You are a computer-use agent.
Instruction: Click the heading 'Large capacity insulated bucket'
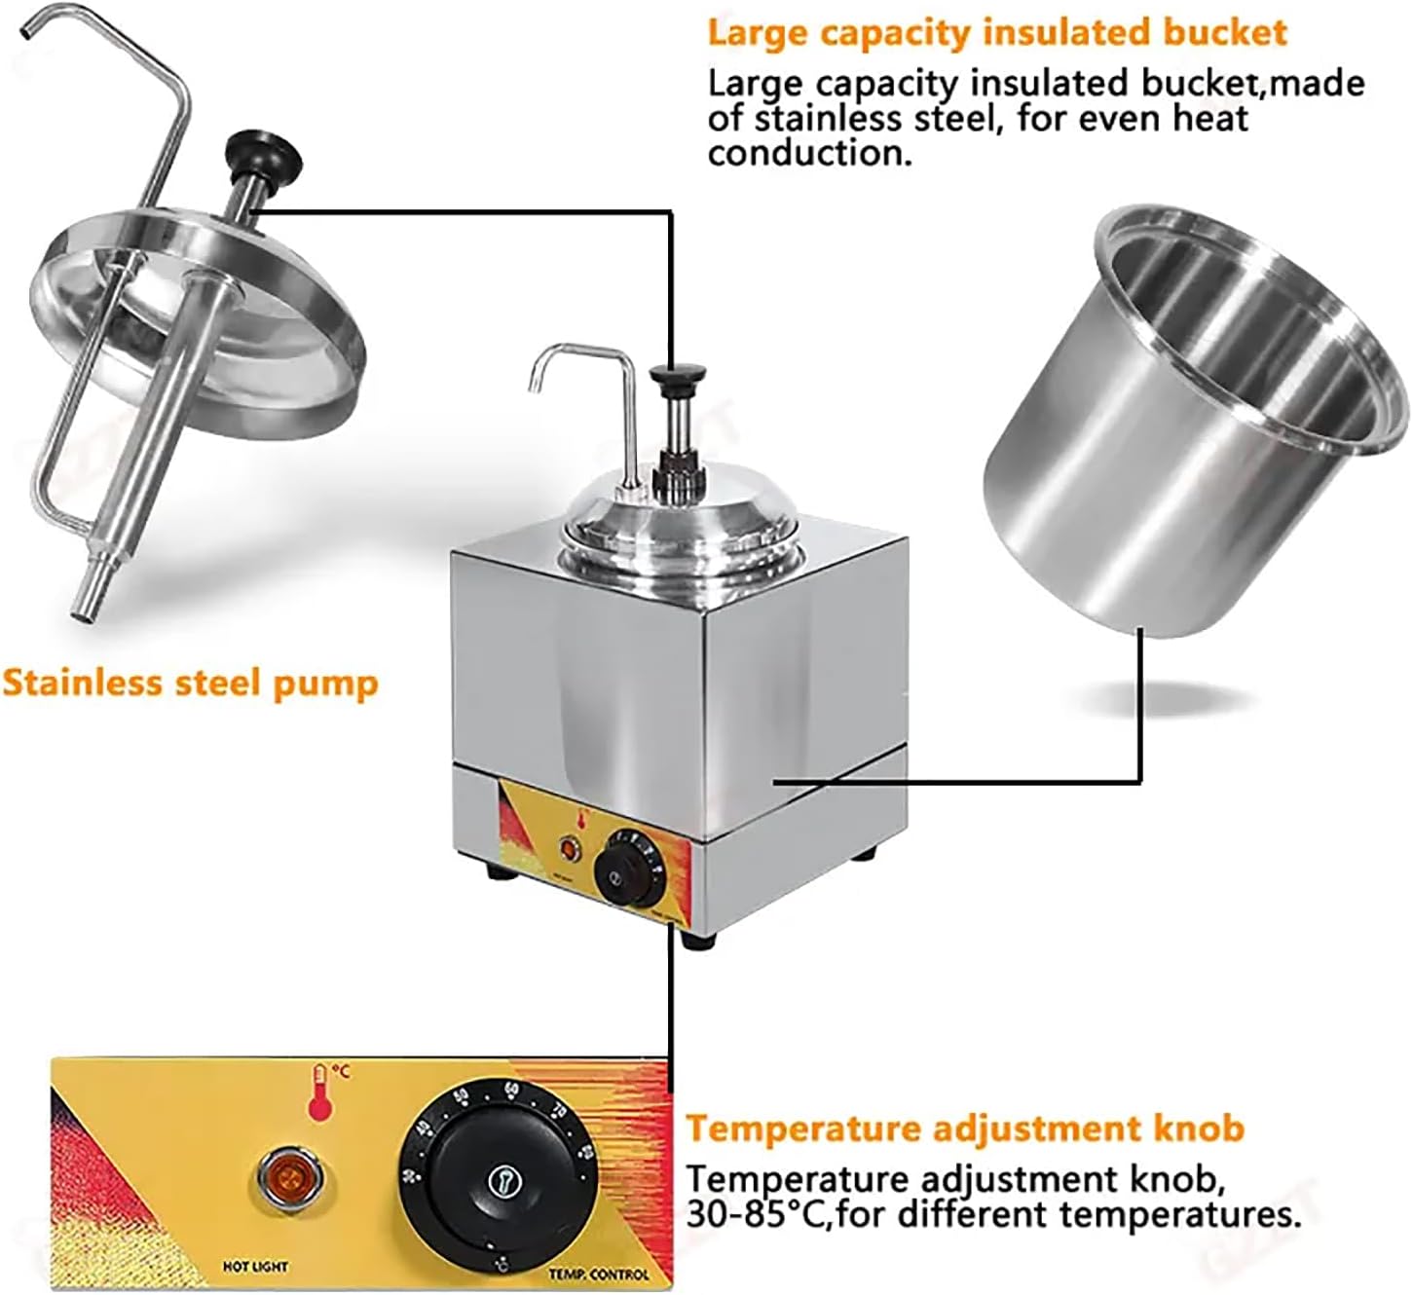click(996, 32)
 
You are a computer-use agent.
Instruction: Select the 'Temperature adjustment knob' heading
click(964, 1128)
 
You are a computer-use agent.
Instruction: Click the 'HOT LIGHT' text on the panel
click(255, 1267)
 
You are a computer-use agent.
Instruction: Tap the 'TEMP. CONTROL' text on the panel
click(598, 1274)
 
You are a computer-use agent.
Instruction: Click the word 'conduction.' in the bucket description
click(809, 154)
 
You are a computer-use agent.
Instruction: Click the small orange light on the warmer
click(567, 848)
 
